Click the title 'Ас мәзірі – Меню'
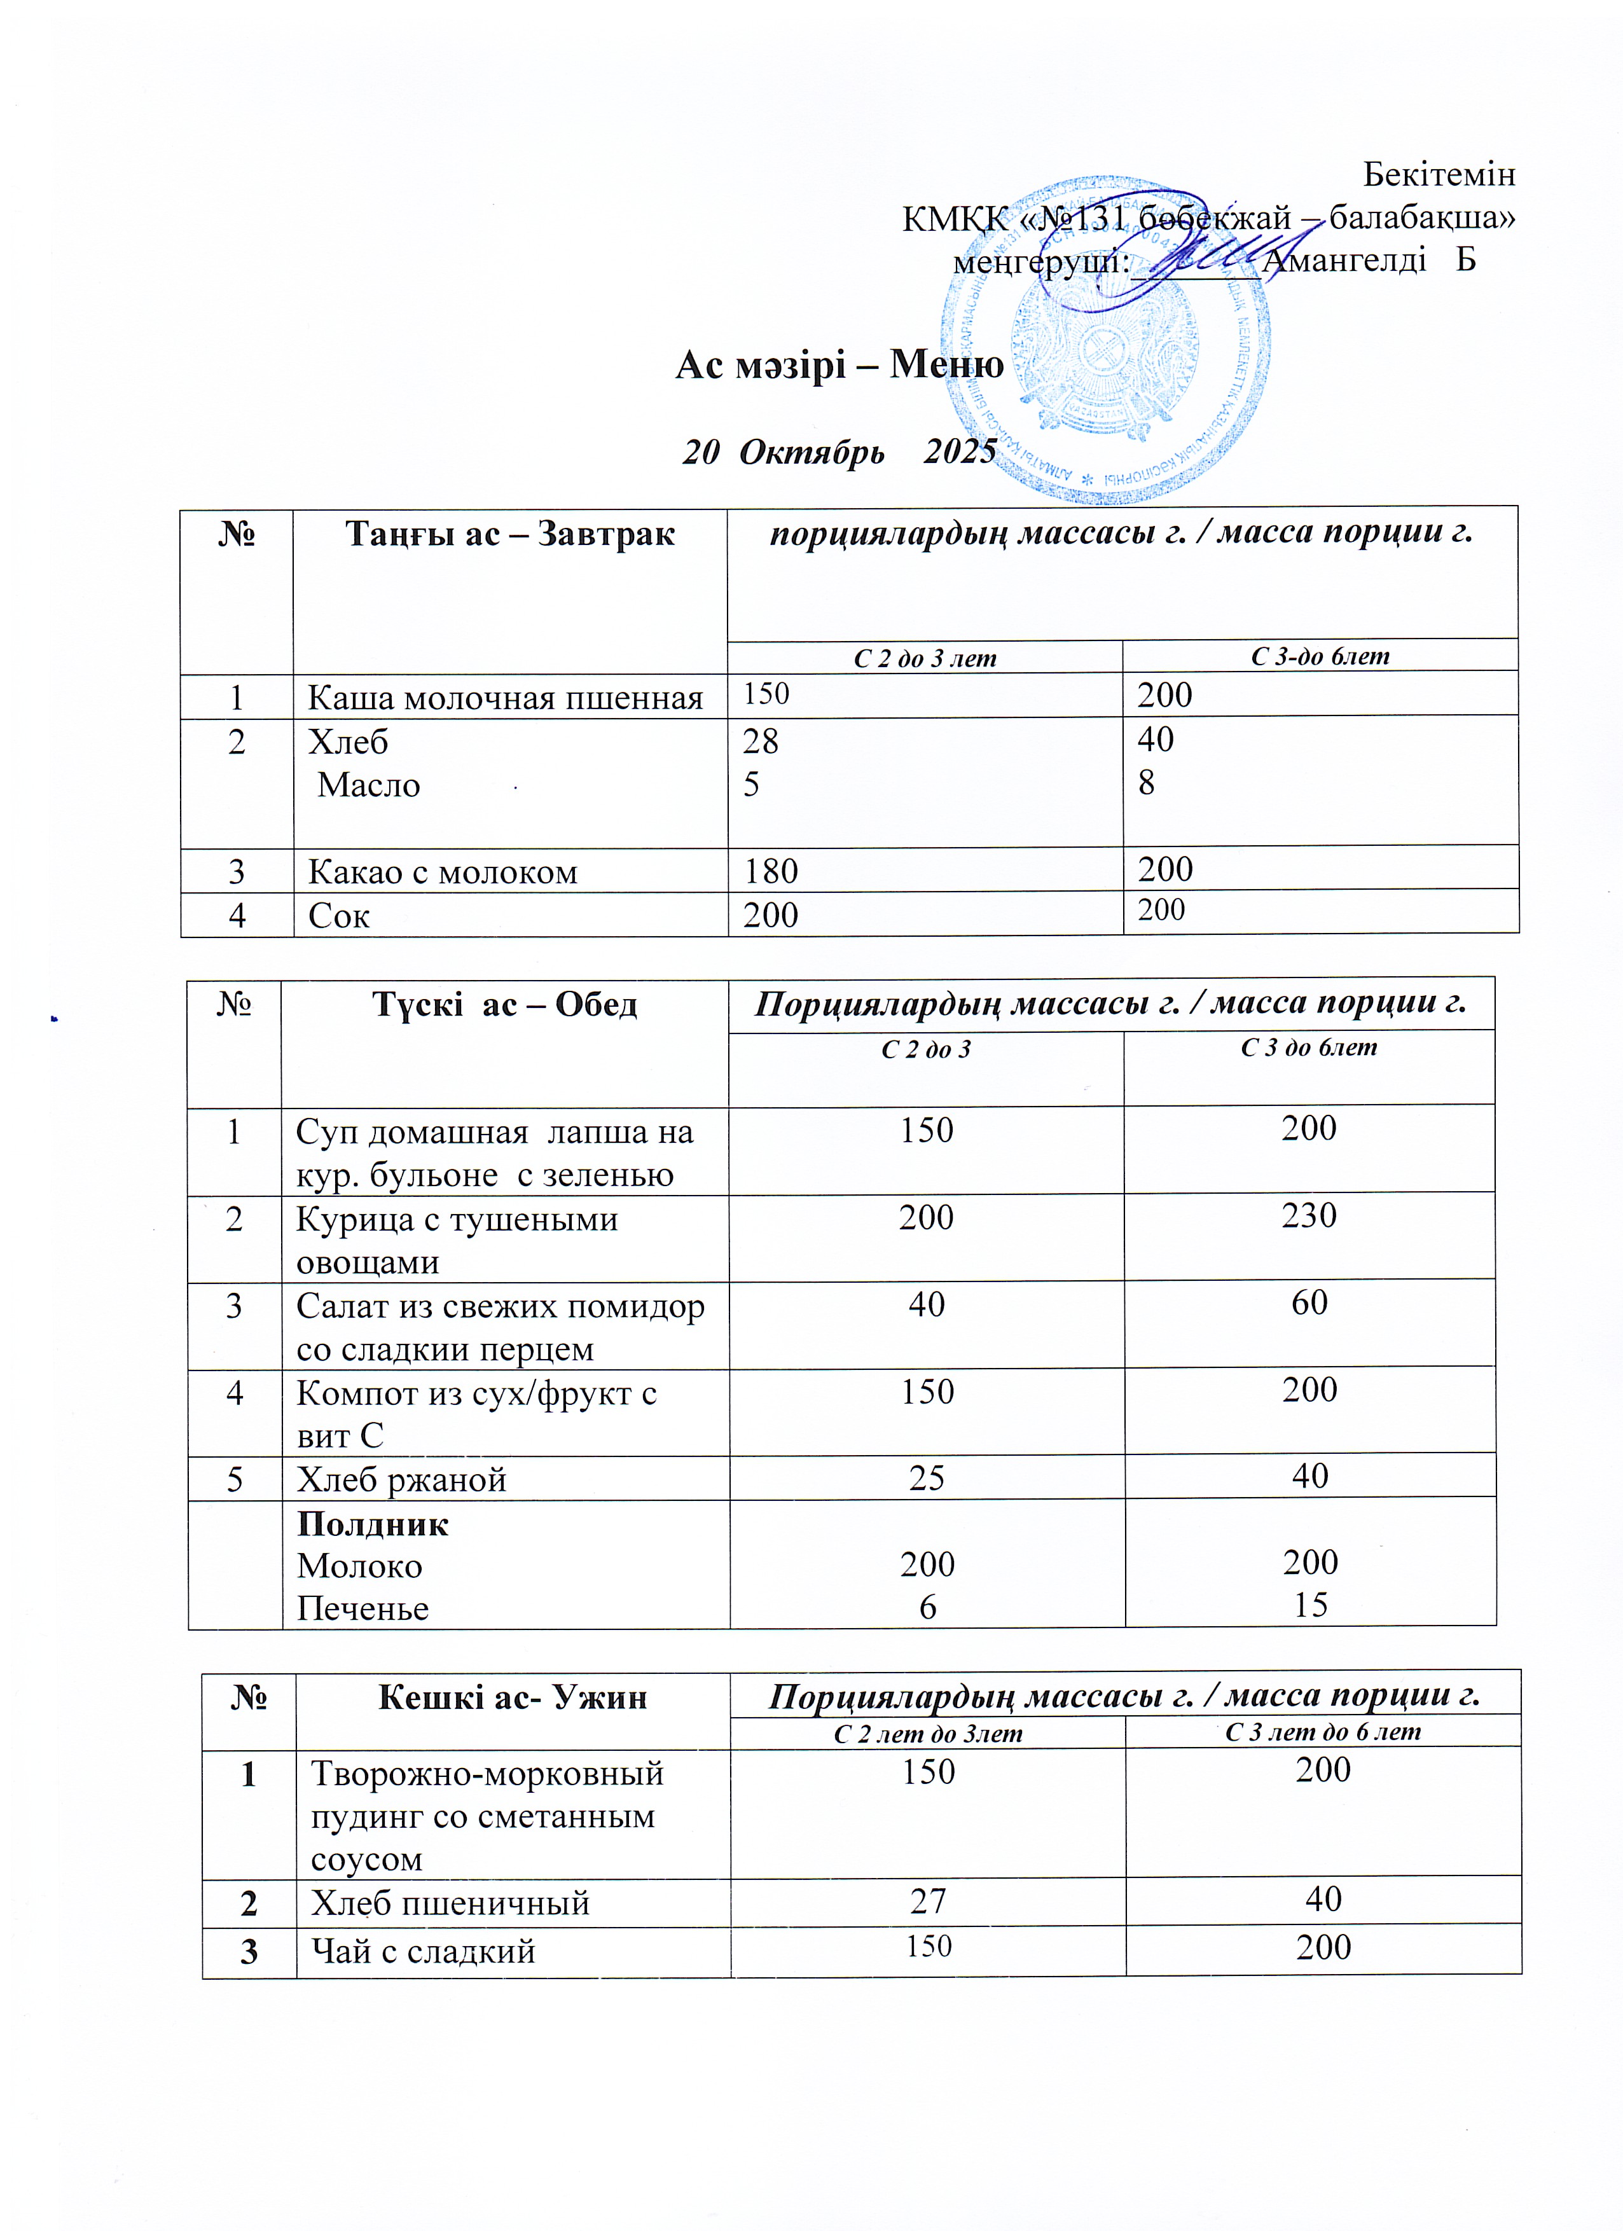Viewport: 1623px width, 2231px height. click(x=839, y=365)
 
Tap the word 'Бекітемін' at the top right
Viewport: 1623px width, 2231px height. click(x=1438, y=174)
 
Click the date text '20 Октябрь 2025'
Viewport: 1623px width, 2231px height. click(x=839, y=452)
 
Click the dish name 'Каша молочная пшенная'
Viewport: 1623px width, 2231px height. click(x=504, y=698)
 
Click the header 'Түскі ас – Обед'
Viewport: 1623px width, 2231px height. click(x=504, y=1004)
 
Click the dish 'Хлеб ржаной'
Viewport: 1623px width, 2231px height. click(x=401, y=1479)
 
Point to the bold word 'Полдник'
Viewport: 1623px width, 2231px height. click(x=373, y=1524)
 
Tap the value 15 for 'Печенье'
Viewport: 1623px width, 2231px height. click(x=1310, y=1605)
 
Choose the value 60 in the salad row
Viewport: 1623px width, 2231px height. click(x=1309, y=1302)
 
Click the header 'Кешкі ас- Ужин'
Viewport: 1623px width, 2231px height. click(x=513, y=1697)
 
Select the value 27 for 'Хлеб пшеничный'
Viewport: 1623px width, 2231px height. click(x=928, y=1902)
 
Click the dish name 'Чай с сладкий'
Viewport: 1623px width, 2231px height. click(x=423, y=1950)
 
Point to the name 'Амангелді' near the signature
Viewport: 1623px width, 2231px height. click(x=1344, y=259)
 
